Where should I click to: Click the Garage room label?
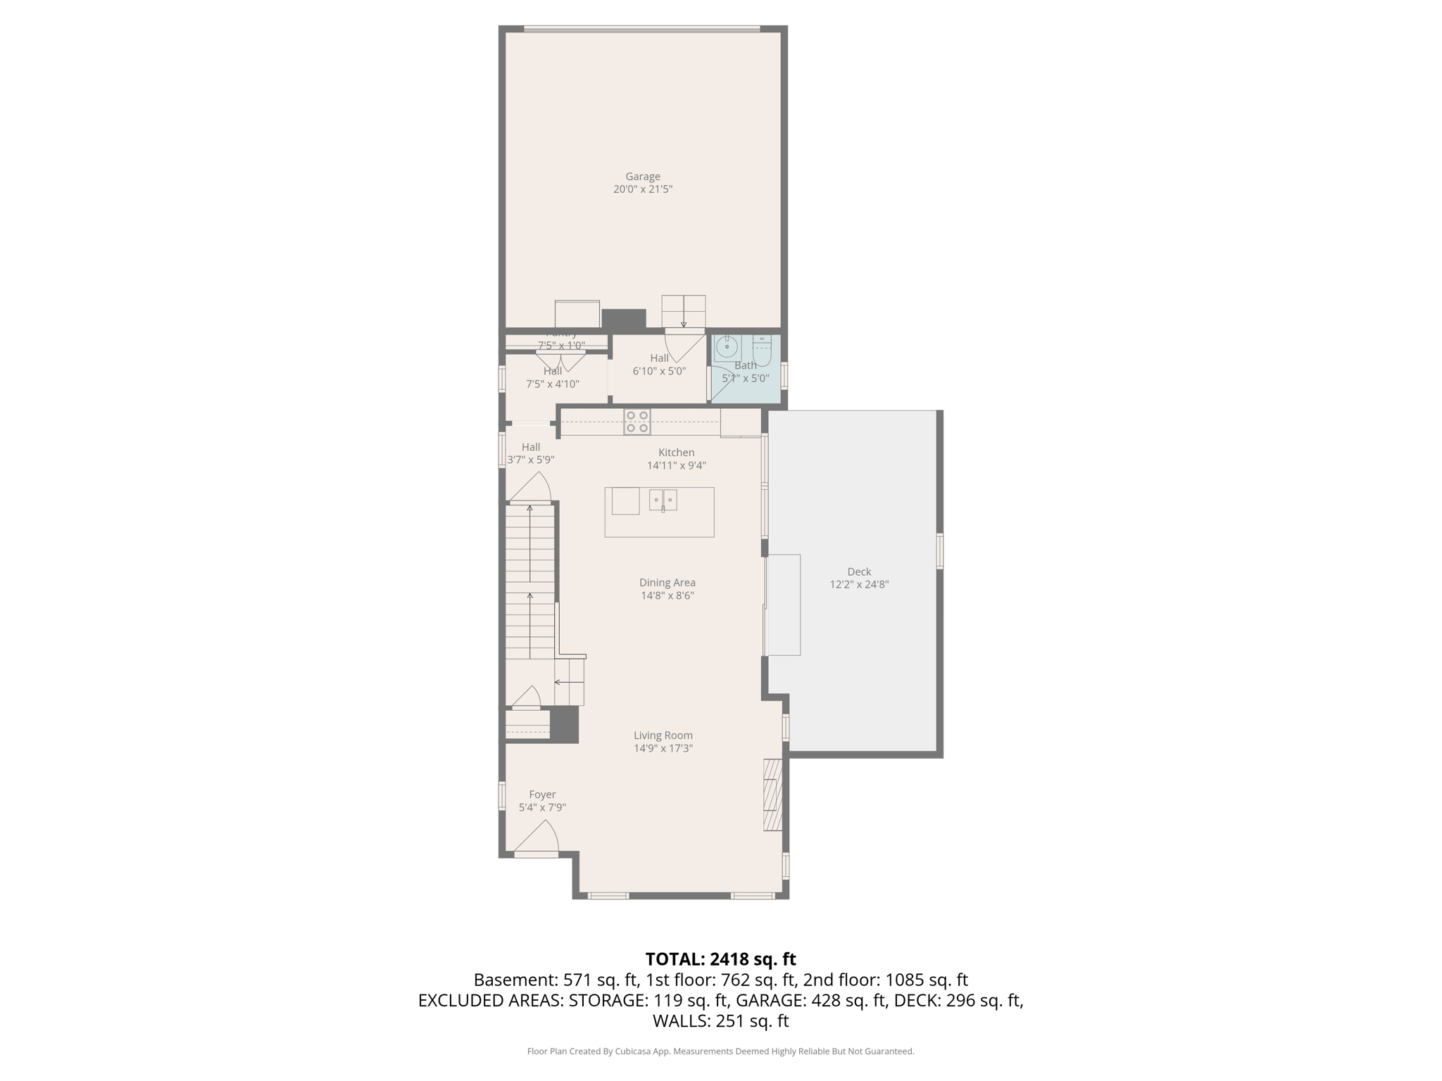(643, 177)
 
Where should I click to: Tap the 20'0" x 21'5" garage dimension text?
(643, 189)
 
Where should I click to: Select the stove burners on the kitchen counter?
(637, 422)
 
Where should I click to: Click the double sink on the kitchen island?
(663, 500)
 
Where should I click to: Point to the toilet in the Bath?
(762, 350)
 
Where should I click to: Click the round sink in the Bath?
(727, 347)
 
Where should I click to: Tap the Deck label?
(859, 571)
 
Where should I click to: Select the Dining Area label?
(667, 583)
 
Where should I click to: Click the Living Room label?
(663, 735)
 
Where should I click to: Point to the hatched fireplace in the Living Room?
(773, 795)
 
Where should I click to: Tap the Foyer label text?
(542, 795)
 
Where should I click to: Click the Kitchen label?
(676, 453)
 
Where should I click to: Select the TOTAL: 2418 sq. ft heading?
(720, 959)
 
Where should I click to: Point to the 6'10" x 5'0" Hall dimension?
(659, 371)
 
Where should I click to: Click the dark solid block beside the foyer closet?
(564, 724)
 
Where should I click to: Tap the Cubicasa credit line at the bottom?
(720, 1051)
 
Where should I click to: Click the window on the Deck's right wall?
(939, 550)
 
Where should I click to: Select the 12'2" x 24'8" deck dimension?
(859, 584)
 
